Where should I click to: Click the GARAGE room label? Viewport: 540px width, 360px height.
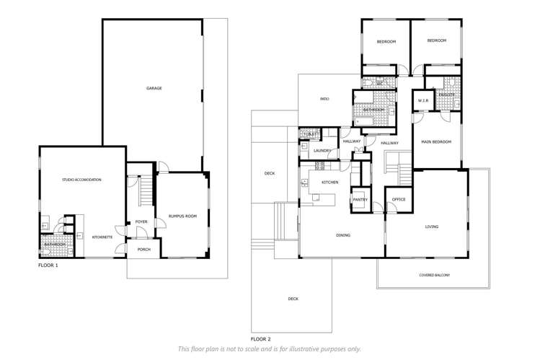coord(154,88)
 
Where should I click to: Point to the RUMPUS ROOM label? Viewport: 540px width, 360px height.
coord(182,216)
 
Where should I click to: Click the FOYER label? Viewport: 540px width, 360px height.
coord(140,222)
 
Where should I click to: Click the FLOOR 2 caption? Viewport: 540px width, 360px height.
coord(261,338)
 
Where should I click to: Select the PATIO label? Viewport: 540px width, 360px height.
coord(324,99)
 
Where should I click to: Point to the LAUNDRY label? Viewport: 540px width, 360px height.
coord(322,151)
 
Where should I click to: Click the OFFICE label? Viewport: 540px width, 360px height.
coord(399,199)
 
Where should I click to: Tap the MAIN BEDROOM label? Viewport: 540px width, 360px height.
coord(436,142)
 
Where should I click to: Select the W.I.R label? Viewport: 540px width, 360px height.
coord(423,100)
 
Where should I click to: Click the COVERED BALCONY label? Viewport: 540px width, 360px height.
coord(435,275)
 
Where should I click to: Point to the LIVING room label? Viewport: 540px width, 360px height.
coord(431,227)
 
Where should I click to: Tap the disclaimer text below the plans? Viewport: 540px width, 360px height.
coord(270,349)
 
